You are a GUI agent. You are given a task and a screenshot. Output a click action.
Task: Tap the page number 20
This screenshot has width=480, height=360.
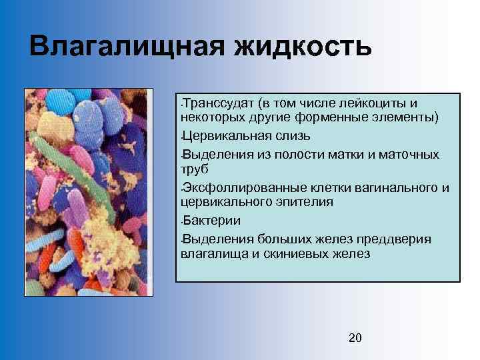coord(355,338)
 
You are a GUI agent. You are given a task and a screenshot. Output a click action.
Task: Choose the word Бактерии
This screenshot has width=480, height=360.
coord(213,221)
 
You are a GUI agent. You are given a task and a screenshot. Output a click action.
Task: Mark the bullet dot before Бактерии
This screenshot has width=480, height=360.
coord(181,221)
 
